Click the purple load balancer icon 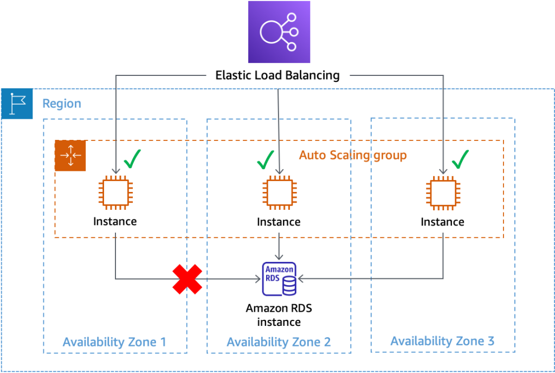pos(279,32)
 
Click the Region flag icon pos(17,104)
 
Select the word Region pos(62,104)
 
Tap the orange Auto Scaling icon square pos(70,156)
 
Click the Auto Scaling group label pos(353,156)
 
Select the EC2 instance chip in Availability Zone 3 pos(443,192)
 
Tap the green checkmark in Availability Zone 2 pos(264,159)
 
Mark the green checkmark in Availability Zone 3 pos(460,159)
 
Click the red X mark pos(188,279)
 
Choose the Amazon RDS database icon pos(279,279)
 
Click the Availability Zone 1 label pos(114,342)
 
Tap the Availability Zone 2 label pos(279,342)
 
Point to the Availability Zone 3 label pos(442,341)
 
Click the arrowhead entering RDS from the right pos(301,279)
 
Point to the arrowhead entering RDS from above pos(279,256)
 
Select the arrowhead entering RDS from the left pos(257,279)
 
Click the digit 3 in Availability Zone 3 pos(490,341)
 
